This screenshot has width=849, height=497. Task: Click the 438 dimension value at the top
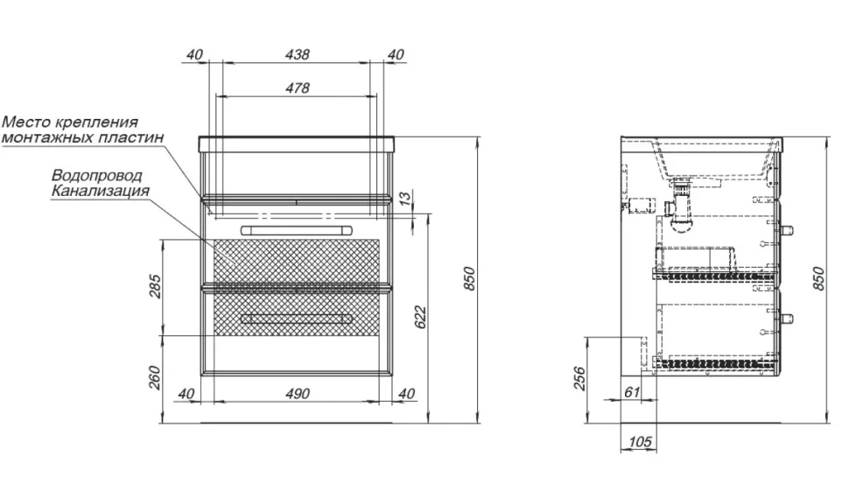click(298, 54)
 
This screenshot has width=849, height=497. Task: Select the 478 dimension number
click(298, 87)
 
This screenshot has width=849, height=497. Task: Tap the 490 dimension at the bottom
click(298, 394)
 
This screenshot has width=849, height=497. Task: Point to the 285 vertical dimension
click(154, 287)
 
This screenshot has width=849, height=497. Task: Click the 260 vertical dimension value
click(154, 378)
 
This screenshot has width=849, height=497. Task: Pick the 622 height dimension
click(421, 318)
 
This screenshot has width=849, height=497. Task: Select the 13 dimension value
click(405, 199)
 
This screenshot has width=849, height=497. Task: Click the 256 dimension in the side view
click(579, 378)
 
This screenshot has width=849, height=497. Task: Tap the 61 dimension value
click(632, 391)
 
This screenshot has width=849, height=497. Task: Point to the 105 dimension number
click(640, 442)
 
